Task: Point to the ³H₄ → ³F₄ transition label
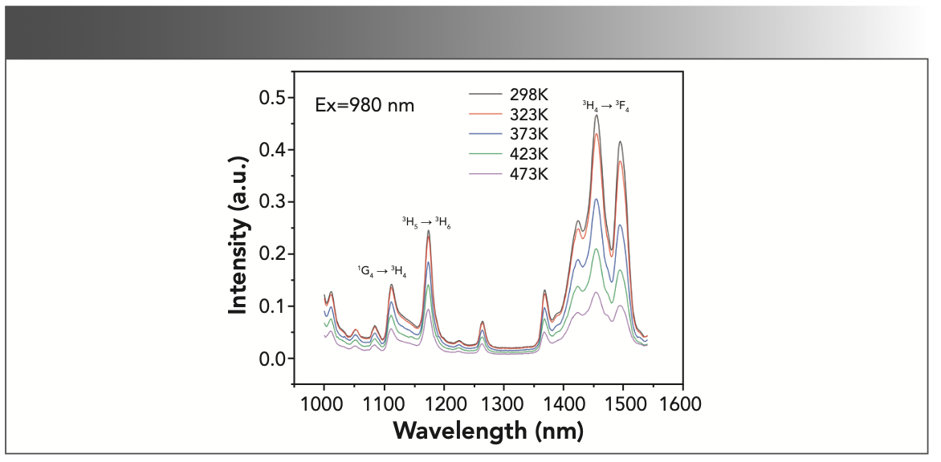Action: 605,105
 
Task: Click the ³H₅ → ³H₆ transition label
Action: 426,221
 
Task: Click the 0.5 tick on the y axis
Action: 274,98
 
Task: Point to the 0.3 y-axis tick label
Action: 274,202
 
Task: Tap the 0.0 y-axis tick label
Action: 274,359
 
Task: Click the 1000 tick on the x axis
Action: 324,402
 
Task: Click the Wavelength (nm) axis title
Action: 487,431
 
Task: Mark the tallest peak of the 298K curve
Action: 597,115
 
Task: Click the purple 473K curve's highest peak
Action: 597,292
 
